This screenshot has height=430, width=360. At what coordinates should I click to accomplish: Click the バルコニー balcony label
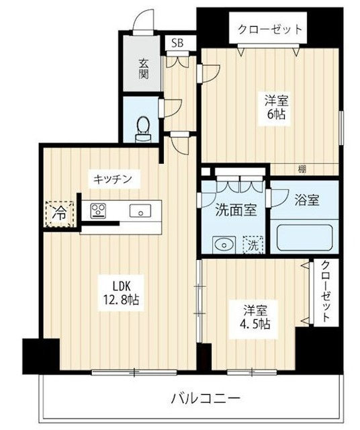[x=205, y=398]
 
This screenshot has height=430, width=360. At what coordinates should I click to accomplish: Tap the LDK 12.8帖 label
[x=120, y=290]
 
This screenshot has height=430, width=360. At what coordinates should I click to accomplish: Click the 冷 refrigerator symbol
[x=60, y=214]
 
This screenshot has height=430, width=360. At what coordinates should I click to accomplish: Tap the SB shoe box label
[x=177, y=43]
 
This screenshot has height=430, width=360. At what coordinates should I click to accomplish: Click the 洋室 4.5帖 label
[x=256, y=318]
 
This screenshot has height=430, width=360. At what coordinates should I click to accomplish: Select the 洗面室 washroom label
[x=235, y=210]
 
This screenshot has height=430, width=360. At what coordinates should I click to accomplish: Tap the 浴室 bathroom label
[x=306, y=200]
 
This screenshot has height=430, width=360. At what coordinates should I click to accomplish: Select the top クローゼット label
[x=269, y=30]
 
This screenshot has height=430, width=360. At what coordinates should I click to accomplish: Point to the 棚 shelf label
[x=303, y=169]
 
